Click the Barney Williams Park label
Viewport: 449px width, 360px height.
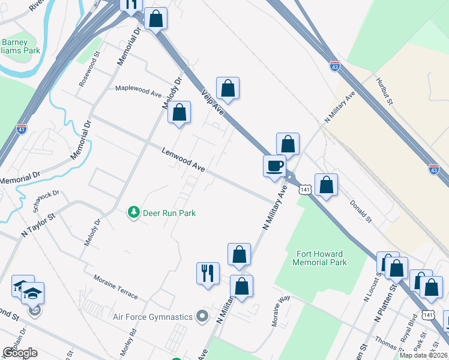(20, 46)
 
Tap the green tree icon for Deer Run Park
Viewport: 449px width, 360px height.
(133, 212)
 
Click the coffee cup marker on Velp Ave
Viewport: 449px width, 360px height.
(274, 166)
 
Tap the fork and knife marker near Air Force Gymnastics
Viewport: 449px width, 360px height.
(208, 274)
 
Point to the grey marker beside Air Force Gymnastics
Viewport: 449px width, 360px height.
(202, 316)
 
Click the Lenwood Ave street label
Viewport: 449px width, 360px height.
(183, 160)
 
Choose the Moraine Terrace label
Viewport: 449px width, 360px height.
(115, 287)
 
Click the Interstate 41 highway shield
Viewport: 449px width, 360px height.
(21, 128)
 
